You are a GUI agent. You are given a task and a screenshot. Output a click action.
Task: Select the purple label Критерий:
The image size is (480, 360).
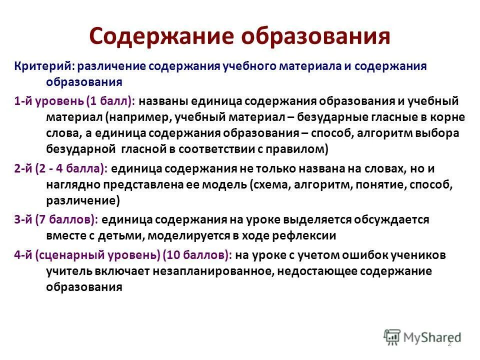coord(44,66)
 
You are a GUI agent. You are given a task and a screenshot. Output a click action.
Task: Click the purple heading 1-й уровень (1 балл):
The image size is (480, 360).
coord(74,101)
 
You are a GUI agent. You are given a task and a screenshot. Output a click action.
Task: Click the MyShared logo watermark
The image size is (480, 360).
coord(422,337)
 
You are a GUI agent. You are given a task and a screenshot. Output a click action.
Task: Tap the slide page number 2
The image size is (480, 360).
coord(448,343)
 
